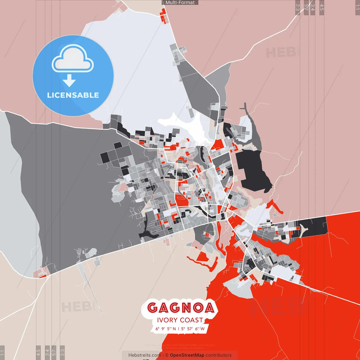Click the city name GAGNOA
pyautogui.click(x=181, y=308)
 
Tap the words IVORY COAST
pyautogui.click(x=180, y=320)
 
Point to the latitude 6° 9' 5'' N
pyautogui.click(x=166, y=328)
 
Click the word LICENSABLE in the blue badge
pyautogui.click(x=73, y=95)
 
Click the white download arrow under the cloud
pyautogui.click(x=69, y=81)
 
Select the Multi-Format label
pyautogui.click(x=180, y=3)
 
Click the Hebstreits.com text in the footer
pyautogui.click(x=145, y=355)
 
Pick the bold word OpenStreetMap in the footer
pyautogui.click(x=187, y=355)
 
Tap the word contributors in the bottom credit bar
pyautogui.click(x=219, y=355)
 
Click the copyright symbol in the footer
pyautogui.click(x=167, y=355)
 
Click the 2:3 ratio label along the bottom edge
pyautogui.click(x=62, y=352)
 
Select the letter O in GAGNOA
pyautogui.click(x=195, y=308)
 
